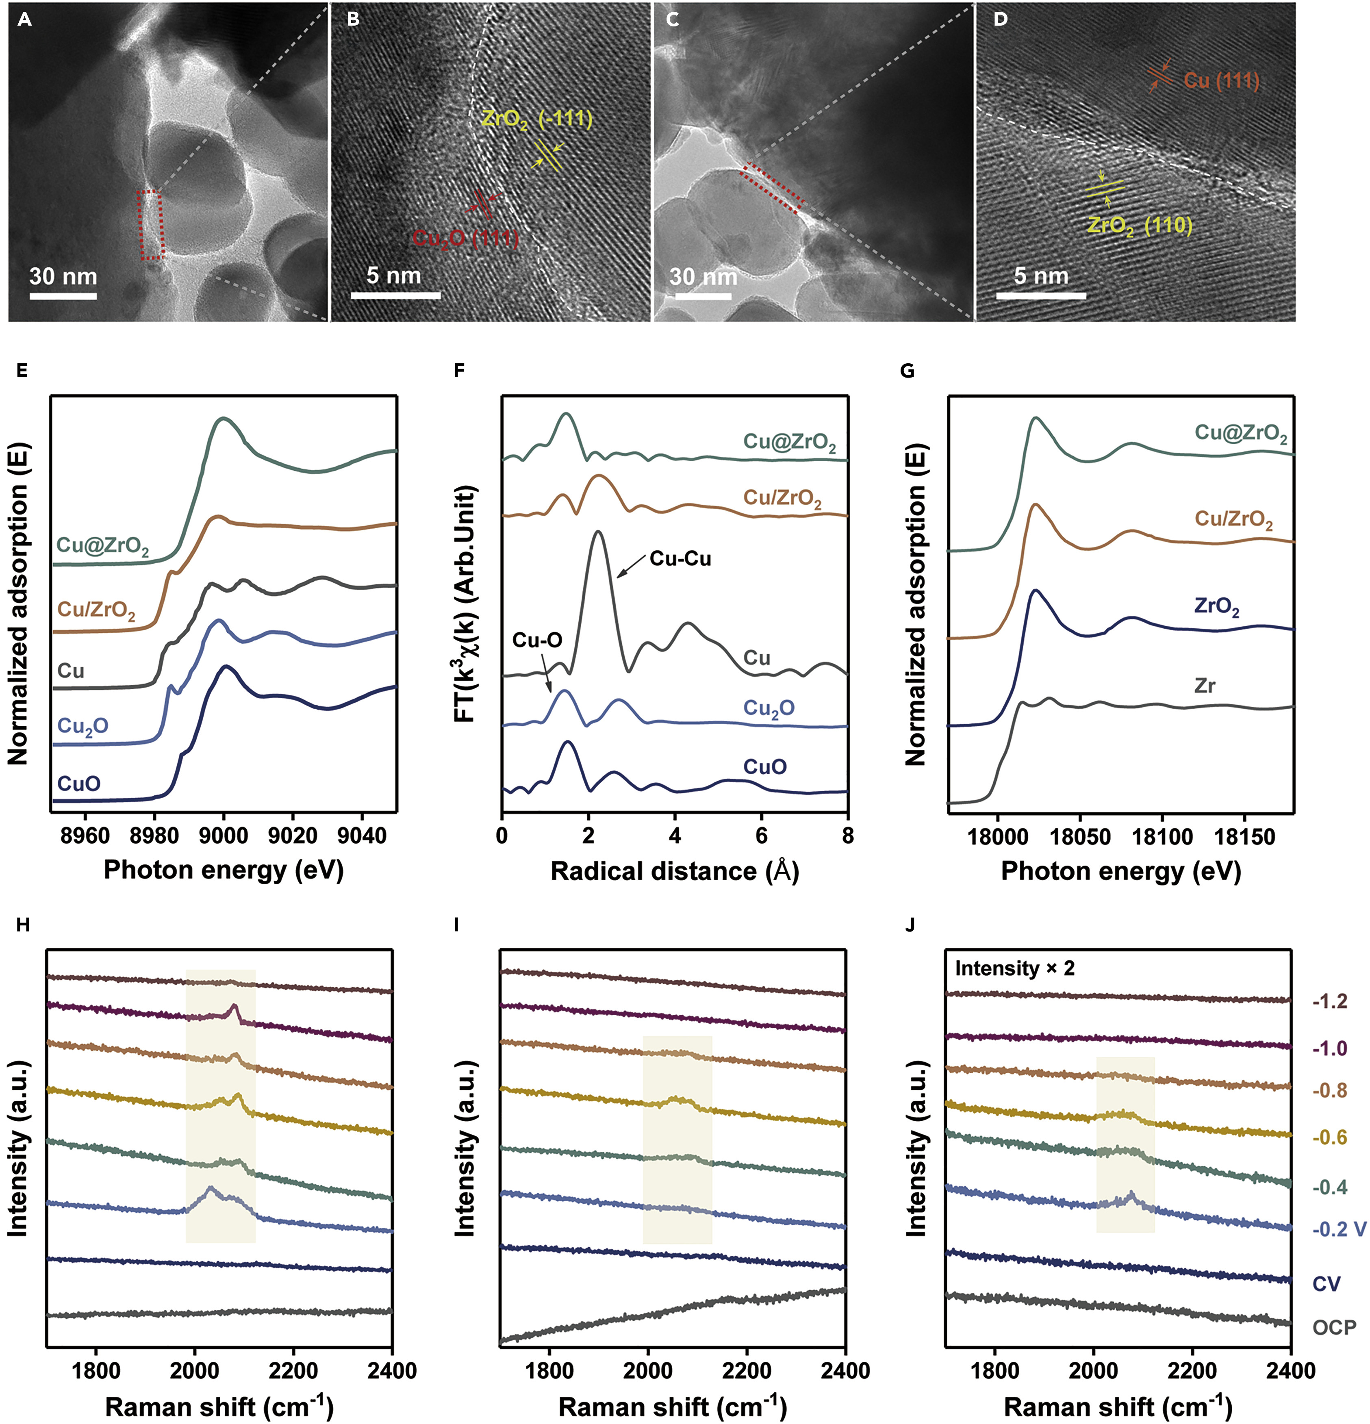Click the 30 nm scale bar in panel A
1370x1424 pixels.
point(63,296)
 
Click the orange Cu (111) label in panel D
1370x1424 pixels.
point(1221,80)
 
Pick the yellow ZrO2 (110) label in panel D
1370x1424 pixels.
point(1140,226)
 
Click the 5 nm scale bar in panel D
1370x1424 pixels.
point(1040,296)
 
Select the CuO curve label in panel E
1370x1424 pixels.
point(78,783)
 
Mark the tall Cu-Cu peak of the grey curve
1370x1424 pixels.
point(598,534)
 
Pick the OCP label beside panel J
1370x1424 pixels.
point(1334,1327)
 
